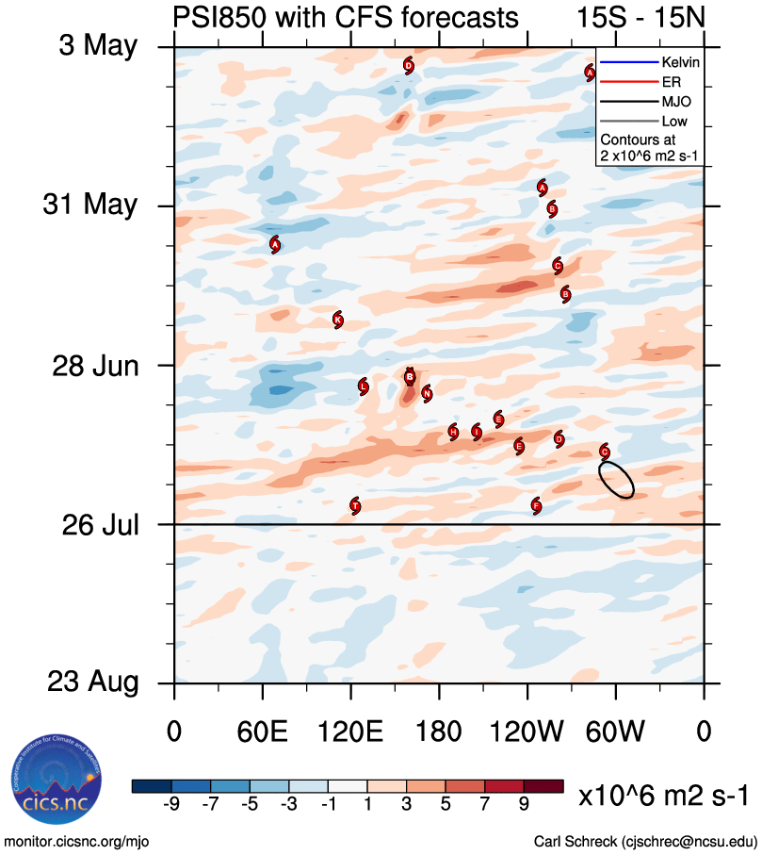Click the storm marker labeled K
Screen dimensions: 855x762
pyautogui.click(x=337, y=320)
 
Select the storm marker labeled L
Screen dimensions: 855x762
pyautogui.click(x=363, y=386)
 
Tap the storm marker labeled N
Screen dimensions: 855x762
pyautogui.click(x=427, y=393)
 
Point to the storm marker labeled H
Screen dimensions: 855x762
pyautogui.click(x=453, y=432)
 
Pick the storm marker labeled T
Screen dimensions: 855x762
pyautogui.click(x=355, y=505)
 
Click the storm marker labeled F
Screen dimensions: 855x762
pyautogui.click(x=536, y=506)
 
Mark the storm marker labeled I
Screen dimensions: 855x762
pyautogui.click(x=477, y=432)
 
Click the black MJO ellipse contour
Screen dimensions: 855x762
pyautogui.click(x=616, y=479)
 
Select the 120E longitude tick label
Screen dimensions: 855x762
pyautogui.click(x=351, y=732)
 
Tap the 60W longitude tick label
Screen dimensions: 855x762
pyautogui.click(x=616, y=732)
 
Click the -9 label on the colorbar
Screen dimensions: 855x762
pyautogui.click(x=171, y=803)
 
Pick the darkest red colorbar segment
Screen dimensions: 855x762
pyautogui.click(x=543, y=786)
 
